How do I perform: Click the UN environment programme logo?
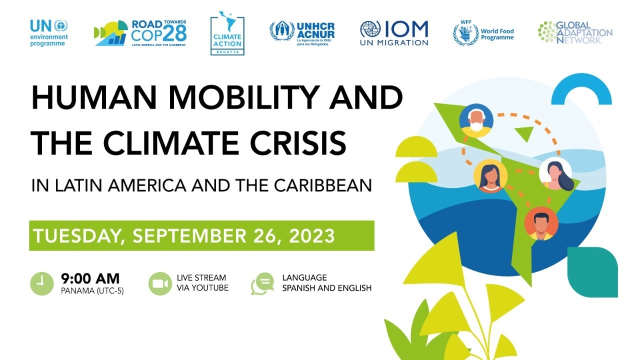[x=48, y=33]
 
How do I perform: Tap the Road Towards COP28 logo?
[x=140, y=33]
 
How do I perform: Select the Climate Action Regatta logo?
[x=227, y=33]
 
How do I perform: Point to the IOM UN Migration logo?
[x=394, y=33]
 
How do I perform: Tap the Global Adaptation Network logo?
[x=575, y=32]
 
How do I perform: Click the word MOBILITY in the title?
[x=222, y=98]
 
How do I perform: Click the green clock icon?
[x=41, y=283]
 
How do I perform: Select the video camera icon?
[x=160, y=283]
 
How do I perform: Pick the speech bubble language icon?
[x=263, y=283]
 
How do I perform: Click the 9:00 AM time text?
[x=90, y=278]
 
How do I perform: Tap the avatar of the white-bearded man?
[x=476, y=120]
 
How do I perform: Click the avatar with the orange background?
[x=541, y=223]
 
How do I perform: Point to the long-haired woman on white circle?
[x=555, y=174]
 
